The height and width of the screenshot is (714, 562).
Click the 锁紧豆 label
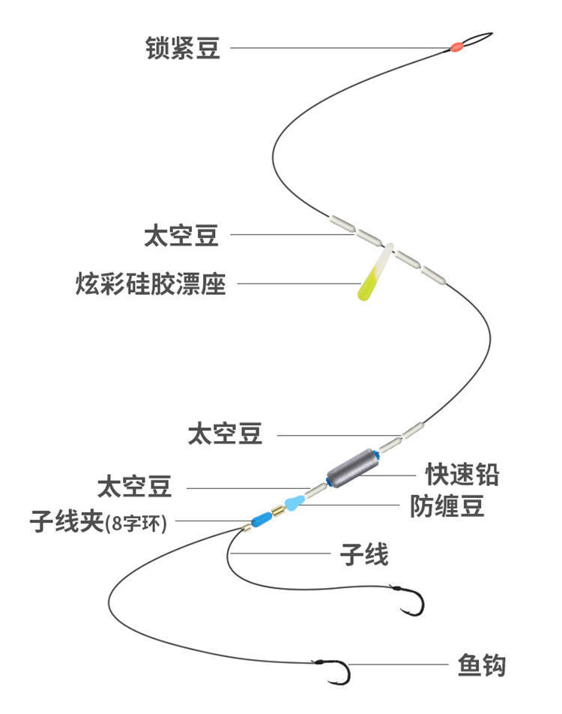182,49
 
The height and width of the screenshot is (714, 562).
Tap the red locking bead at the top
455,48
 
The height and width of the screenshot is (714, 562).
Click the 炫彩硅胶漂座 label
151,284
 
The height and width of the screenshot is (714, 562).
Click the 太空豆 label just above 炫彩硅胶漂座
181,235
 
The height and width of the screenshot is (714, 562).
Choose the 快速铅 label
462,474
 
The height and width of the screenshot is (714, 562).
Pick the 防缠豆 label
447,506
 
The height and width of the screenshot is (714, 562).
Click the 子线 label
364,556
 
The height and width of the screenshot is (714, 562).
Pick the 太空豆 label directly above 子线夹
134,487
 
